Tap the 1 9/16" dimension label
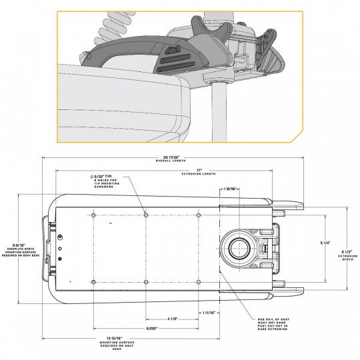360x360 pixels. (231, 189)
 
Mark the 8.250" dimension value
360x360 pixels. (152, 329)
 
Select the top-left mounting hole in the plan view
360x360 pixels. (93, 215)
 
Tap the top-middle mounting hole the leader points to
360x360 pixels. (146, 215)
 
